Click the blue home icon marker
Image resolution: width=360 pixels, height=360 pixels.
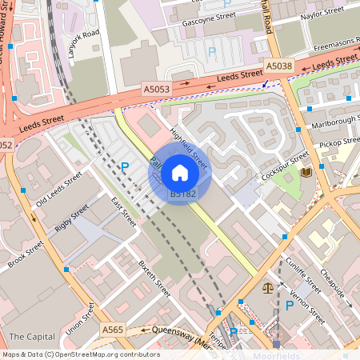[x=180, y=173]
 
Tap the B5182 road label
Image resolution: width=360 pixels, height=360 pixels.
[x=182, y=194]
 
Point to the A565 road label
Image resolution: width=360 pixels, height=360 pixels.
[x=113, y=329]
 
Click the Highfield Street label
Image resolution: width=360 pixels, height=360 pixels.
[x=189, y=148]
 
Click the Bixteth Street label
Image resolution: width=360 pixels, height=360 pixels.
[x=154, y=278]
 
